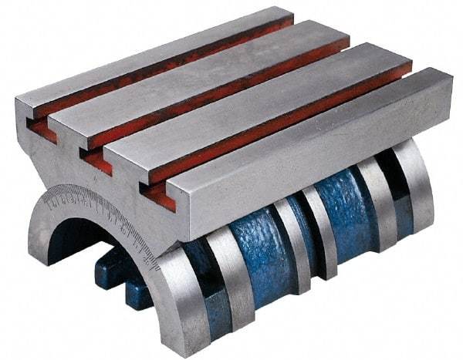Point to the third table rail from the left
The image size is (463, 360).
(255, 96)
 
